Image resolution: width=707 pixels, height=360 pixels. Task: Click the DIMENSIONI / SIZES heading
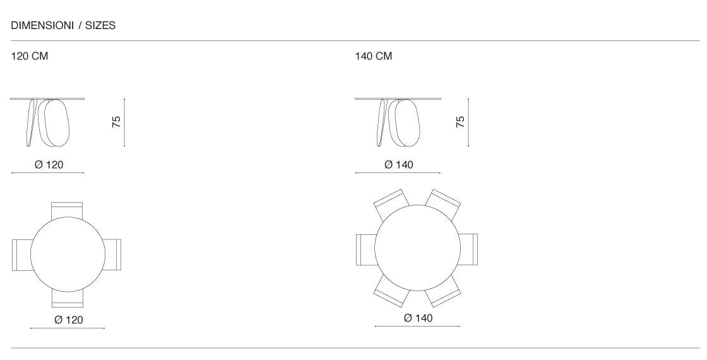[x=63, y=26]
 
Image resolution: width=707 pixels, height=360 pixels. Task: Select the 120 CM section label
[x=29, y=56]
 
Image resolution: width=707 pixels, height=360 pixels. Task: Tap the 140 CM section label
[x=373, y=56]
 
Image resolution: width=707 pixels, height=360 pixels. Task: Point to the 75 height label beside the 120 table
[x=116, y=122]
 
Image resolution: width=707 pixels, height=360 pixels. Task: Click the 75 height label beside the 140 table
[x=460, y=122]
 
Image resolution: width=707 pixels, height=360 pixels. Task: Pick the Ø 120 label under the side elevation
[x=49, y=165]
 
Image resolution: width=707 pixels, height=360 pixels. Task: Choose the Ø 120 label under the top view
[x=69, y=320]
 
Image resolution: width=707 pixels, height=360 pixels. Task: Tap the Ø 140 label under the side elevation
[x=398, y=165]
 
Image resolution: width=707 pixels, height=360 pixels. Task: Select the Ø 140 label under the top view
[x=418, y=318]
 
